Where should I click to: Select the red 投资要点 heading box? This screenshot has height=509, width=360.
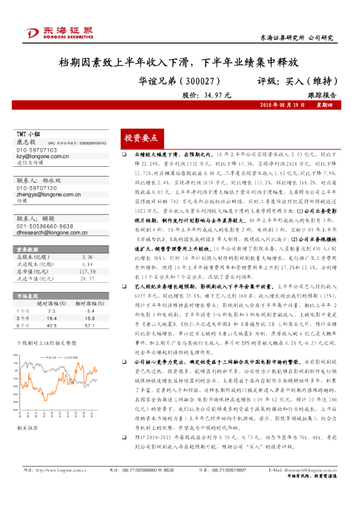pos(140,138)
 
